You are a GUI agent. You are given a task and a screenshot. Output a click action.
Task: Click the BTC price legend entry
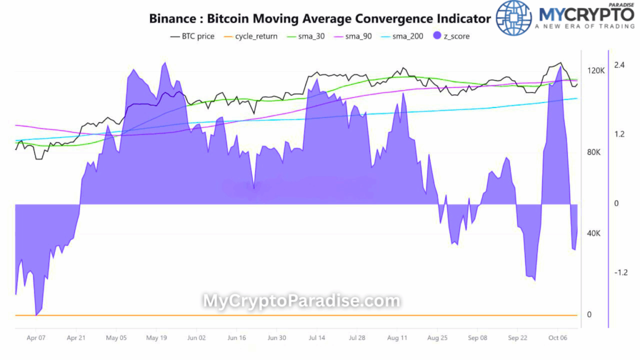[192, 36]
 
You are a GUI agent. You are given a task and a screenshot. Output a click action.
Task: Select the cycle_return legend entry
[251, 36]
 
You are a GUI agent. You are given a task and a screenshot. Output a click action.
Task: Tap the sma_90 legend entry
[354, 36]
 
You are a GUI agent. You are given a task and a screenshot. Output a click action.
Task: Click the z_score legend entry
[451, 36]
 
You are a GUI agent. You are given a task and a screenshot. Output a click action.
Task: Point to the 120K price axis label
[596, 71]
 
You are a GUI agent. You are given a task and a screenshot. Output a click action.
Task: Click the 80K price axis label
[594, 152]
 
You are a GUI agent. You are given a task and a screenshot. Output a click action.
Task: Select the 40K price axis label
[594, 233]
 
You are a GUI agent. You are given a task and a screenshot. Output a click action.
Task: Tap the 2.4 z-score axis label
[619, 65]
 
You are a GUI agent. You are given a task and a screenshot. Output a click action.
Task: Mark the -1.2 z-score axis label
[620, 272]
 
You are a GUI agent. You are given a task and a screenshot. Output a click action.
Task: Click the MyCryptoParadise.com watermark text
[301, 301]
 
